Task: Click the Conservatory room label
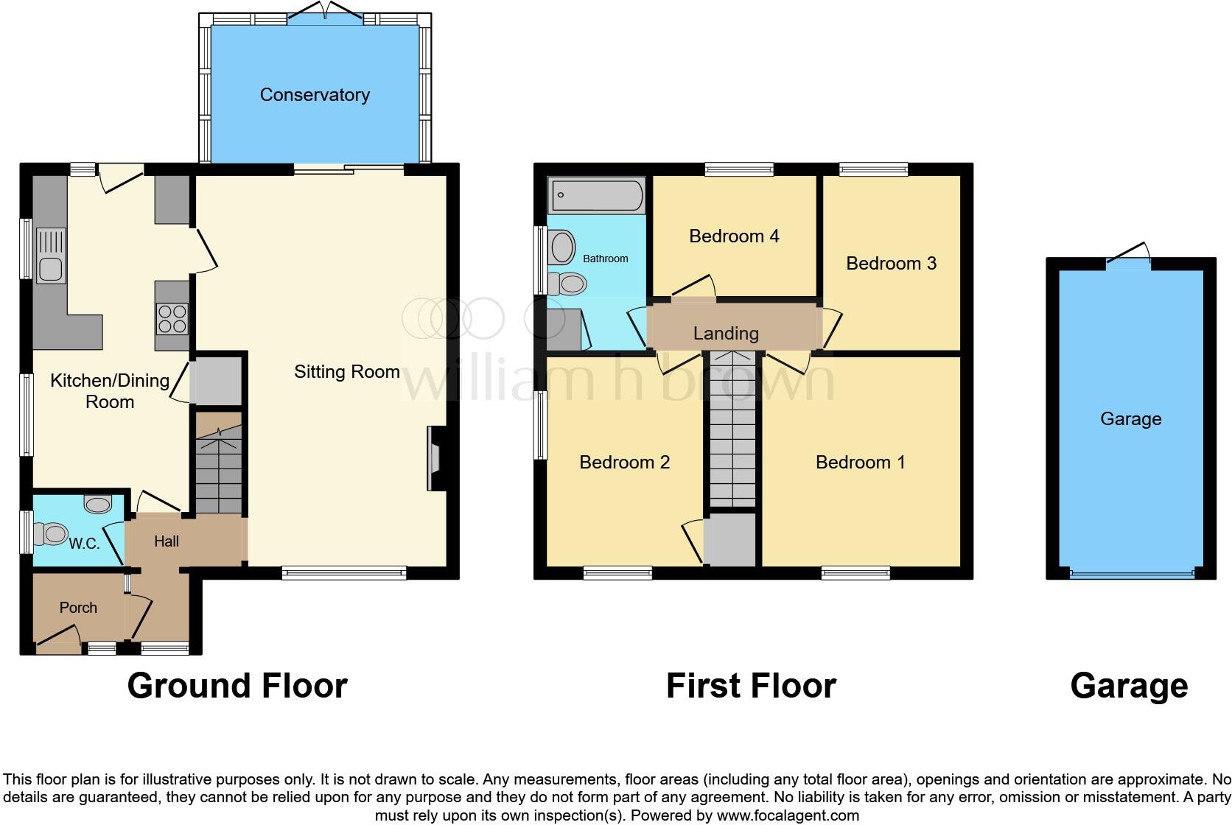pos(315,95)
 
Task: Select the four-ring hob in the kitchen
pos(172,319)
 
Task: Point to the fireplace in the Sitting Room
pos(435,458)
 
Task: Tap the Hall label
pos(167,541)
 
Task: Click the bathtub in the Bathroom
pos(597,196)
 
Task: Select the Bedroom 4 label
pos(734,236)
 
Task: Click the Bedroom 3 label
pos(891,263)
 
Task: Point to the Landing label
pos(726,333)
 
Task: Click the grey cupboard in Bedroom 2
pos(730,540)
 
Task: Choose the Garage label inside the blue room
pos(1130,418)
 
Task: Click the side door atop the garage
pos(1128,255)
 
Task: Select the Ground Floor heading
pos(237,686)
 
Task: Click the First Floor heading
pos(751,686)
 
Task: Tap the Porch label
pos(78,608)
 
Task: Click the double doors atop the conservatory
pos(325,15)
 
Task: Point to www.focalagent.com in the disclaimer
pos(788,815)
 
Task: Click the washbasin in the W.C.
pos(98,505)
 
